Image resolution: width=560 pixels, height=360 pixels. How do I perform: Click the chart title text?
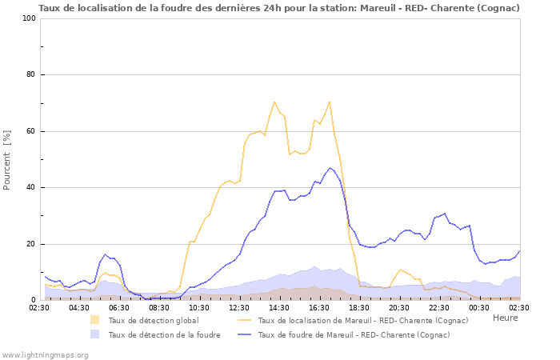[279, 8]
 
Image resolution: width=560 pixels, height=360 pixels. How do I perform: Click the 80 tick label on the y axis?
[31, 75]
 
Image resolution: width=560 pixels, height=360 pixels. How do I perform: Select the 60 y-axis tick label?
[31, 131]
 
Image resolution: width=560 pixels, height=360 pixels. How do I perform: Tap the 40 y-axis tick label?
[31, 188]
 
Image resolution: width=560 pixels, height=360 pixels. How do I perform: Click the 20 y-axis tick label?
[31, 244]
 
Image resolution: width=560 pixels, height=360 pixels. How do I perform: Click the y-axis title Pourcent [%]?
[7, 159]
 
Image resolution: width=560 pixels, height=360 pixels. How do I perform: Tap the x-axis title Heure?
[505, 318]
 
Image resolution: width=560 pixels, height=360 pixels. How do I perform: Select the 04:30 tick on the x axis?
[78, 307]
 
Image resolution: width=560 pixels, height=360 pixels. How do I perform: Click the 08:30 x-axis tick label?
[158, 307]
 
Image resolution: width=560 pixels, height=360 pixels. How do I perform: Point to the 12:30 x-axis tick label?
[239, 307]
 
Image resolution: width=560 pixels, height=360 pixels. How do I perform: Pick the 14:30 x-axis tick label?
[279, 307]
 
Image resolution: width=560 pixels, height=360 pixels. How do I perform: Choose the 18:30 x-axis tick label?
[359, 307]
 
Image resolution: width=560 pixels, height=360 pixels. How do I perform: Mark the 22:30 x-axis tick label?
[439, 307]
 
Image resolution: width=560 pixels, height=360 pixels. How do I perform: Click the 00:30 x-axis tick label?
[479, 307]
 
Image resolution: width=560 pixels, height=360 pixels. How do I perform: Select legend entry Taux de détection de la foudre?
[164, 335]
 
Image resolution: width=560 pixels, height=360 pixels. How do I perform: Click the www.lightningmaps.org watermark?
[45, 354]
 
